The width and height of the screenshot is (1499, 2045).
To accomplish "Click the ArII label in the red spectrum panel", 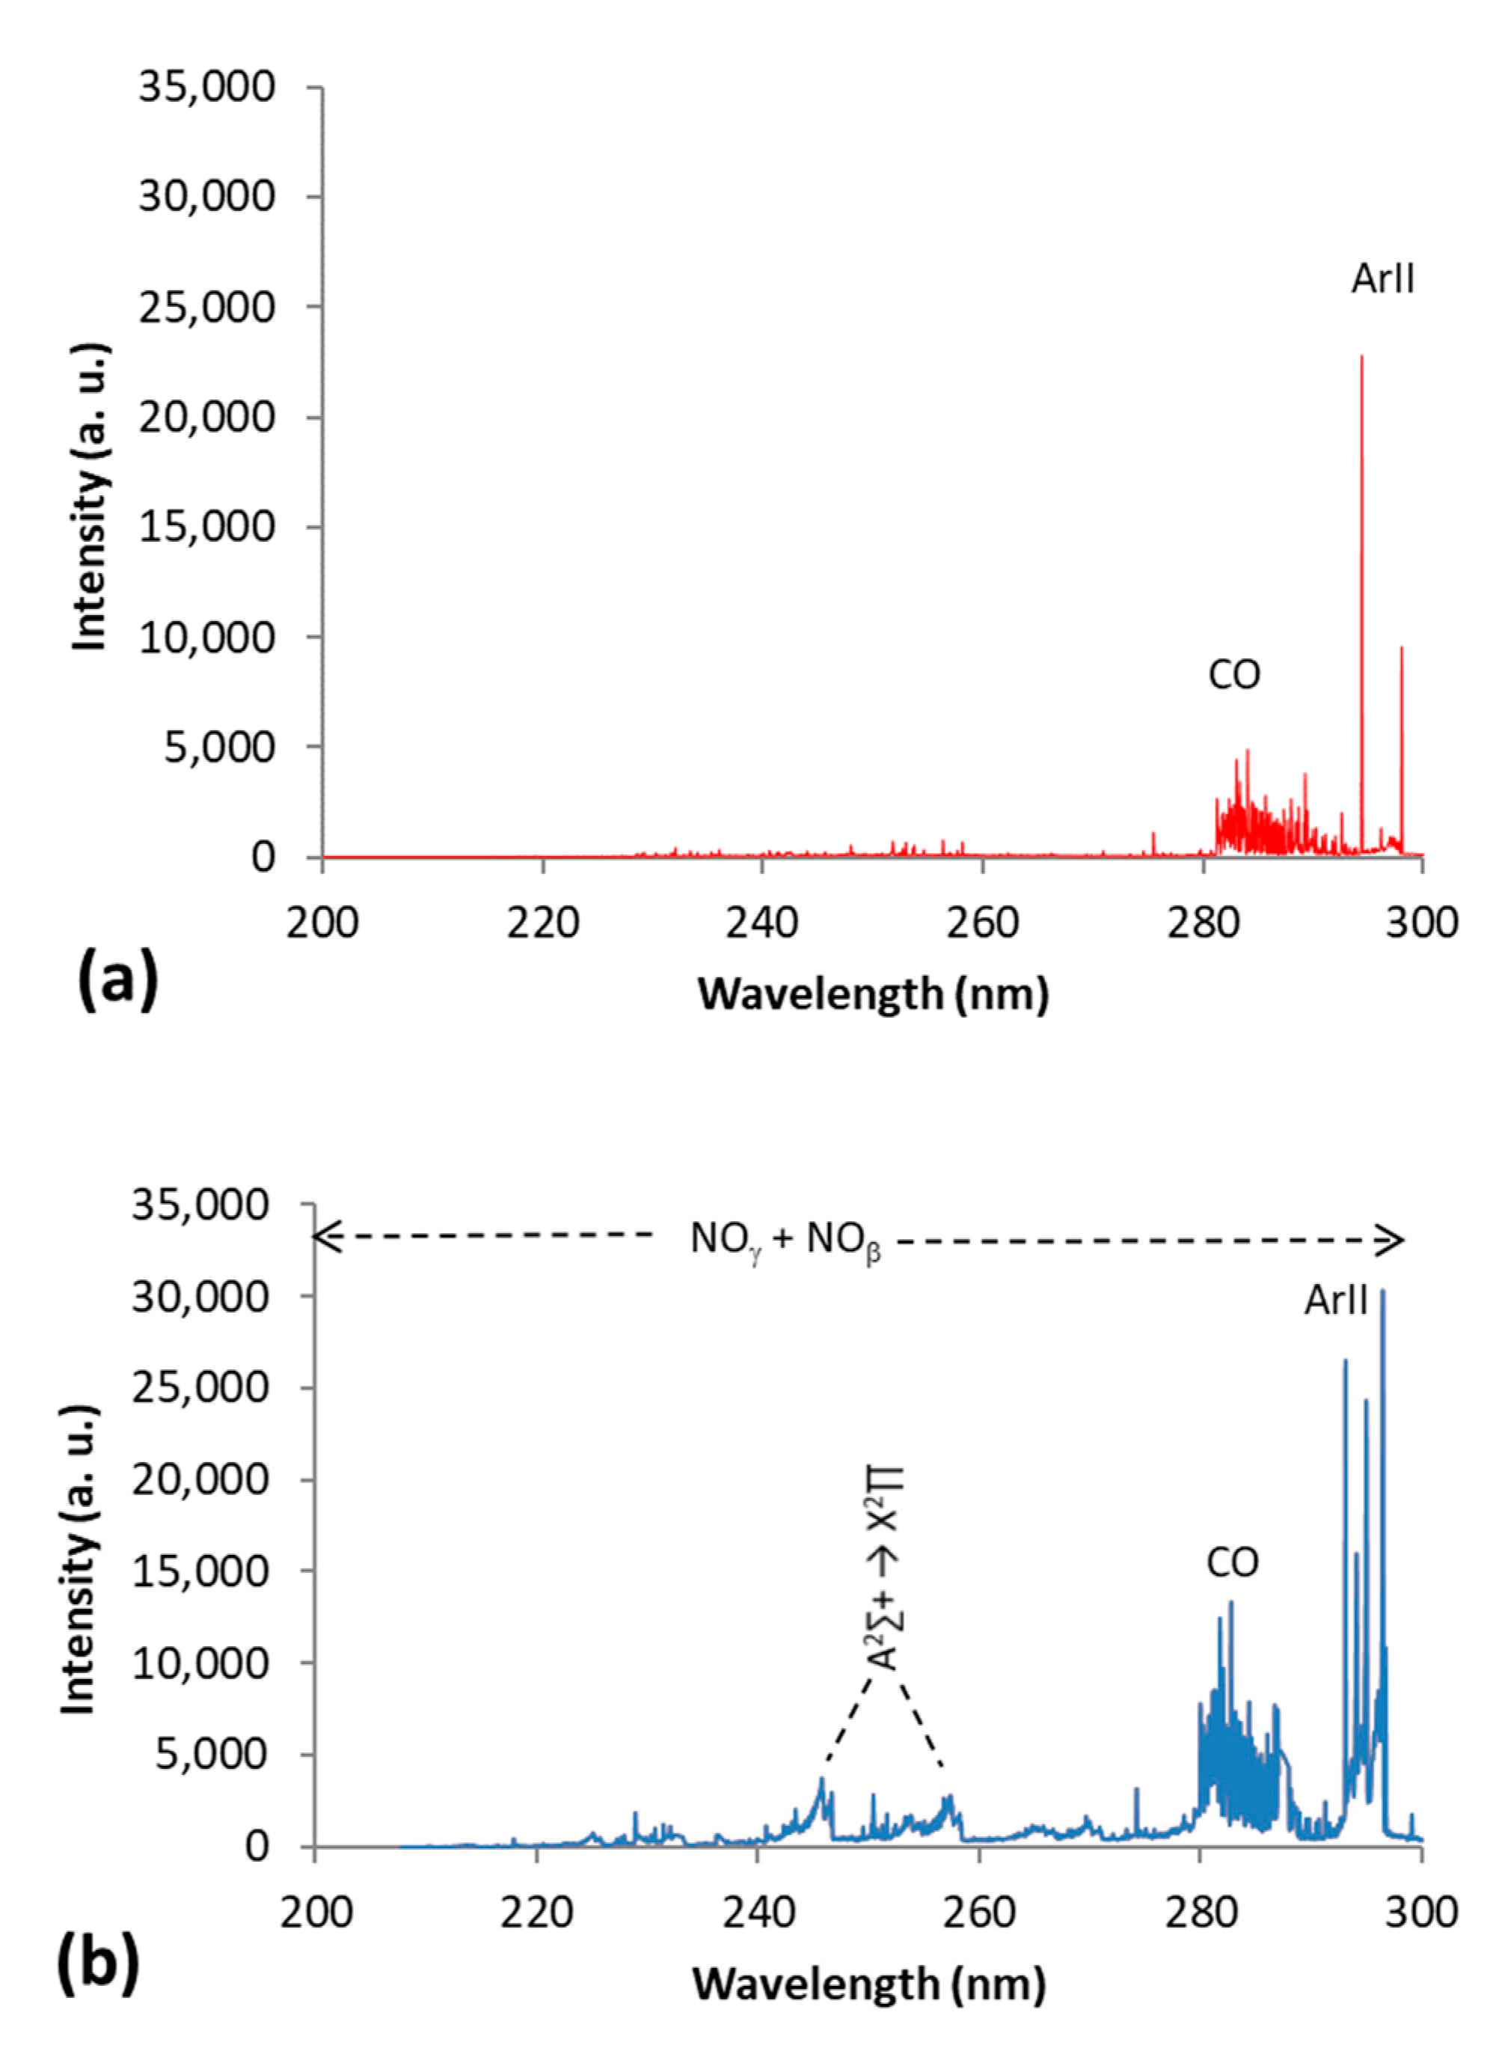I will pyautogui.click(x=1383, y=278).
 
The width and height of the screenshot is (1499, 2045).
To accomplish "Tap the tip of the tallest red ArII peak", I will pyautogui.click(x=1361, y=357).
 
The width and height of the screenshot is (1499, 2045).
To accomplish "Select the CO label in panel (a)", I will pyautogui.click(x=1234, y=676).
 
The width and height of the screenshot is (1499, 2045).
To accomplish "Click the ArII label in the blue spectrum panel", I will pyautogui.click(x=1336, y=1300).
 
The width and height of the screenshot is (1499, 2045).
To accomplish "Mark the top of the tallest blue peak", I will pyautogui.click(x=1383, y=1290).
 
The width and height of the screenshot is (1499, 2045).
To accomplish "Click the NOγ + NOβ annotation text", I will pyautogui.click(x=785, y=1239).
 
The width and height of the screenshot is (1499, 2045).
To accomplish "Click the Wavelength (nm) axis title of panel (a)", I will pyautogui.click(x=873, y=994).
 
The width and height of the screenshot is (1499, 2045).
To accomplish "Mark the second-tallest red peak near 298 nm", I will pyautogui.click(x=1401, y=648).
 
